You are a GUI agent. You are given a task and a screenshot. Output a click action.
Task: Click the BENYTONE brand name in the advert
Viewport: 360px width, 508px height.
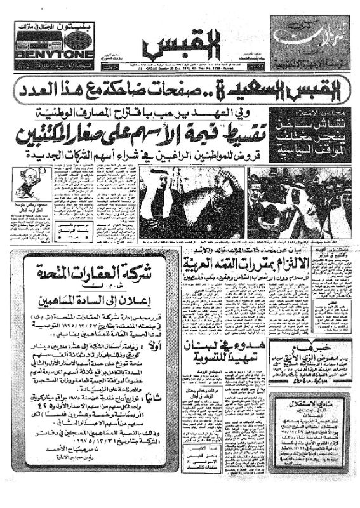click(54, 54)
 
